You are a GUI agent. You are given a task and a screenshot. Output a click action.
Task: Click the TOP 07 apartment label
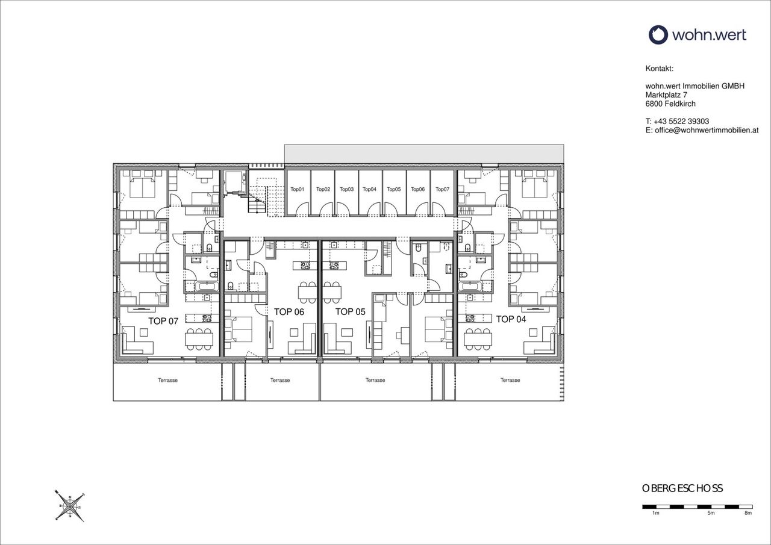tap(163, 321)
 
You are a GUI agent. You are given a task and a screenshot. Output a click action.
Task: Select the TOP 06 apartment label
tap(289, 312)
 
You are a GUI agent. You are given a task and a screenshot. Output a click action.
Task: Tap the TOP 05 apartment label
tap(350, 312)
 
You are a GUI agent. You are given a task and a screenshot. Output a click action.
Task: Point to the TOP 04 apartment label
tap(511, 319)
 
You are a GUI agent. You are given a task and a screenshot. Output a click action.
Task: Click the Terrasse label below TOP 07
tap(167, 380)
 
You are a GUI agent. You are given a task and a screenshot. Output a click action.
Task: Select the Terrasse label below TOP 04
tap(510, 380)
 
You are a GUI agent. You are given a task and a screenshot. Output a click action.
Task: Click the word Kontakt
tap(660, 69)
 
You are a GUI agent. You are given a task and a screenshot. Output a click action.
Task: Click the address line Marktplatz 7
tap(666, 95)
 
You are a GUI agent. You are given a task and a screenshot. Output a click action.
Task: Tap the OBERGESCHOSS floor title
tap(682, 488)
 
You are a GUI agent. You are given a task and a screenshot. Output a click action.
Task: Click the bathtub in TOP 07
tap(207, 286)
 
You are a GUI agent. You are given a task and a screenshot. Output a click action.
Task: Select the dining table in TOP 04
tap(478, 339)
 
